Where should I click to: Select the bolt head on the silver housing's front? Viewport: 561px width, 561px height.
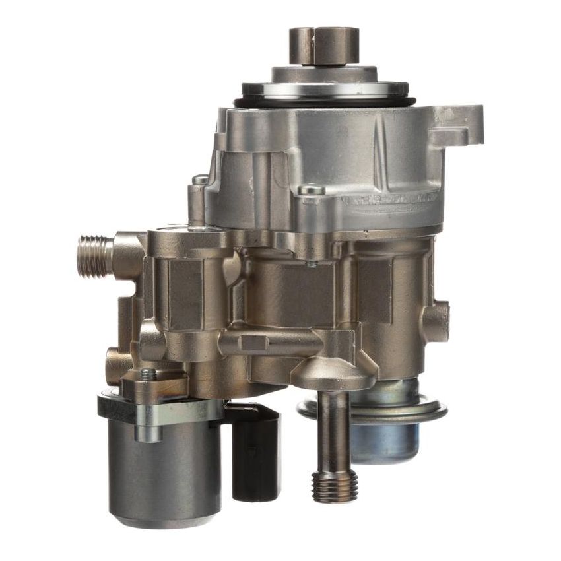311,190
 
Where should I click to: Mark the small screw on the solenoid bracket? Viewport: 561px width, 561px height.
150,374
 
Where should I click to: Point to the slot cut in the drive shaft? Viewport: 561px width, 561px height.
324,33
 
